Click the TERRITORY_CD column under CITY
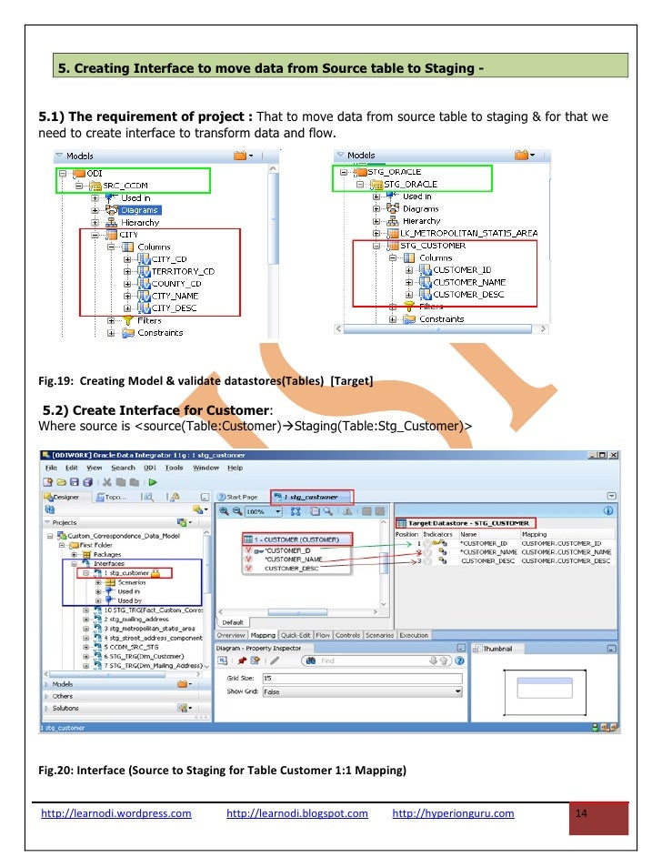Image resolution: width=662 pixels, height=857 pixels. [183, 271]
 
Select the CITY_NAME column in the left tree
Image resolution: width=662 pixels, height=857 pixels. [175, 296]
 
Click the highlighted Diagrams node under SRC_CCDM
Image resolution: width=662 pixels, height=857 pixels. [141, 209]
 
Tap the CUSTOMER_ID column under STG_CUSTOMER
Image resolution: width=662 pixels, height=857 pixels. [462, 270]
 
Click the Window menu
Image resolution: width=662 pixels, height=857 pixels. [206, 468]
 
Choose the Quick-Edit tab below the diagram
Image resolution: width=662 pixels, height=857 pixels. [296, 635]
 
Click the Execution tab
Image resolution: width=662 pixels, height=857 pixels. [414, 635]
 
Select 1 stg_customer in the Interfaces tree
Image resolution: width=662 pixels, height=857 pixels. [125, 572]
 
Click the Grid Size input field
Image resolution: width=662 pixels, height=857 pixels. [360, 679]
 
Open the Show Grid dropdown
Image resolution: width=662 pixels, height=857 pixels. [360, 691]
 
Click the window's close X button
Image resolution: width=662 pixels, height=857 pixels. [614, 455]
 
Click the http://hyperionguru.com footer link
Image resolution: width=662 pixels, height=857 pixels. [453, 813]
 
